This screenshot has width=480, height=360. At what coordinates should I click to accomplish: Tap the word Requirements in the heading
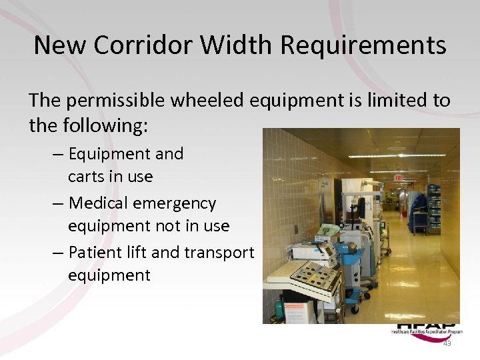363,45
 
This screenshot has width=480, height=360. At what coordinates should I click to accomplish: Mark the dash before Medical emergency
57,203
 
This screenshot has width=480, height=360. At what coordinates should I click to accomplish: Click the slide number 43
447,343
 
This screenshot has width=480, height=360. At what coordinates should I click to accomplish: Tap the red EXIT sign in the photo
399,178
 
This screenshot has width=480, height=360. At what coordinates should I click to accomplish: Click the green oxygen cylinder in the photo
278,310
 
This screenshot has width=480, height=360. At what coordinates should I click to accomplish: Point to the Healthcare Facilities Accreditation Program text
426,331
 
